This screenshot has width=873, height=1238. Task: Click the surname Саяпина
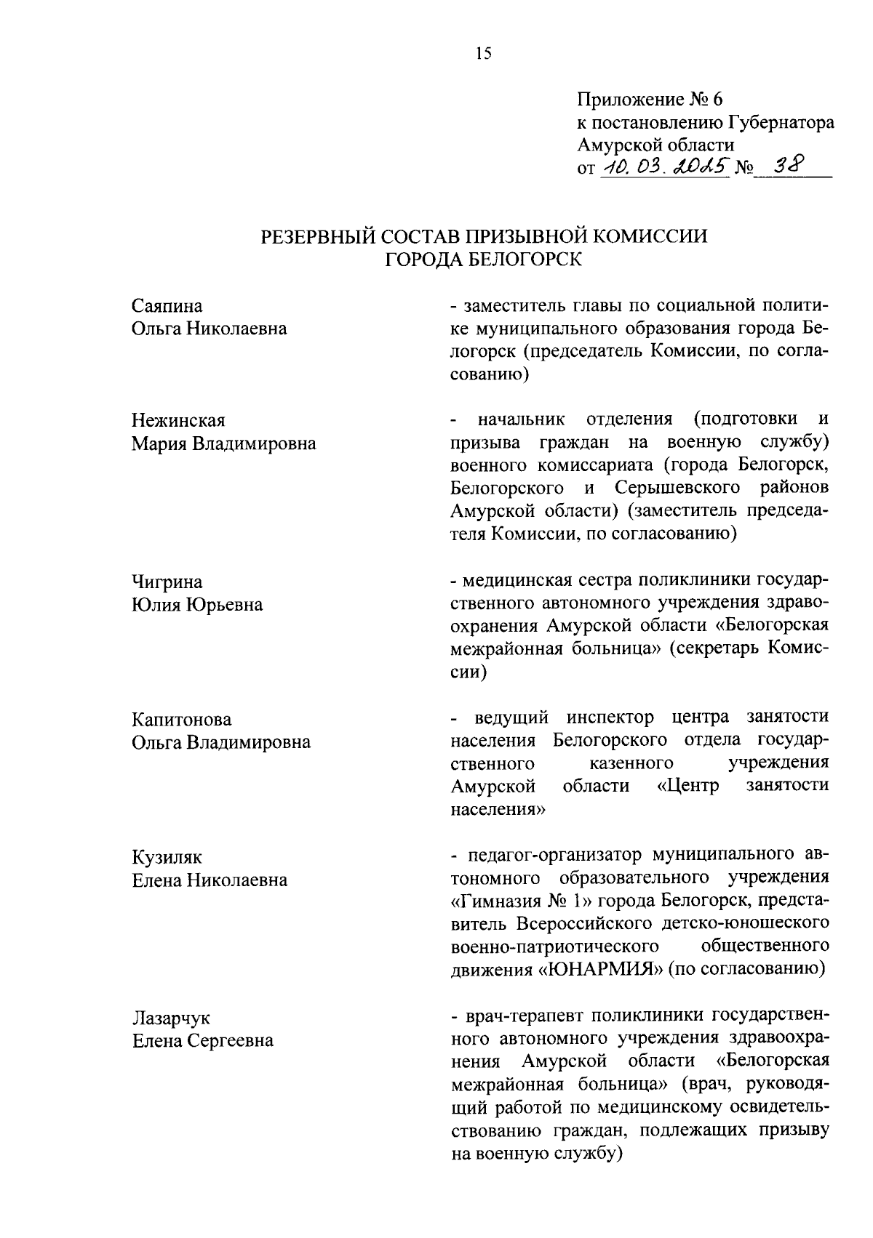pyautogui.click(x=167, y=306)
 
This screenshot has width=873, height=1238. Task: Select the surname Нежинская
pyautogui.click(x=178, y=421)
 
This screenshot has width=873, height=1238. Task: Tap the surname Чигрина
pyautogui.click(x=167, y=582)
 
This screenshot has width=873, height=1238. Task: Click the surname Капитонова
pyautogui.click(x=182, y=720)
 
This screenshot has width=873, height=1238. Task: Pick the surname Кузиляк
pyautogui.click(x=167, y=858)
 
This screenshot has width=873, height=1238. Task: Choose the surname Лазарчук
pyautogui.click(x=171, y=1018)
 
